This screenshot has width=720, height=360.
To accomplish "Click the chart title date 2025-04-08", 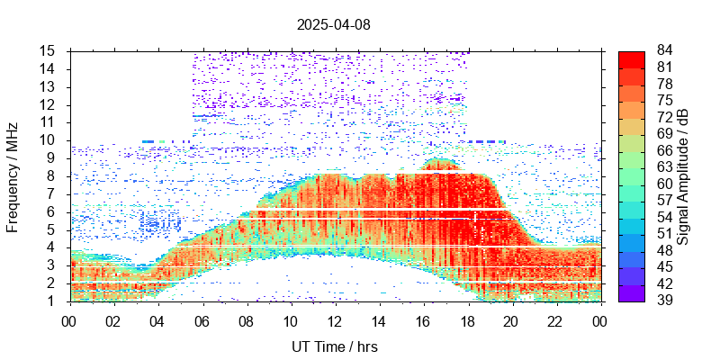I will tap(333, 25).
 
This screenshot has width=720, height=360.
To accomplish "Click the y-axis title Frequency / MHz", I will tap(13, 175).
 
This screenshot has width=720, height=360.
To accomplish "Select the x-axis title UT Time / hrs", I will tap(335, 346).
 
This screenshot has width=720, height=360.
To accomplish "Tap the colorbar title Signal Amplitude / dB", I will tap(683, 175).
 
